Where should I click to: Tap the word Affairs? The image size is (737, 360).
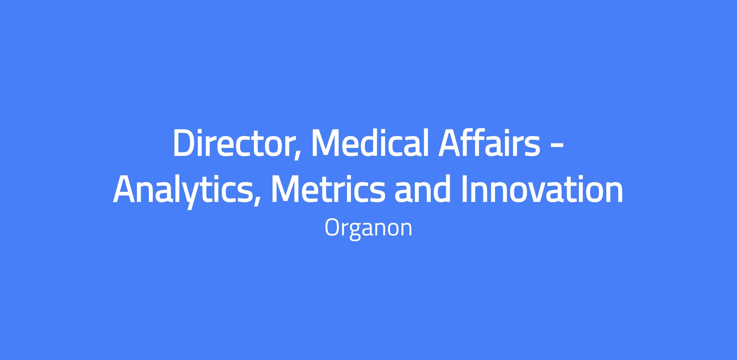point(489,143)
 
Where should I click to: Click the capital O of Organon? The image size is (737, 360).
point(332,228)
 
